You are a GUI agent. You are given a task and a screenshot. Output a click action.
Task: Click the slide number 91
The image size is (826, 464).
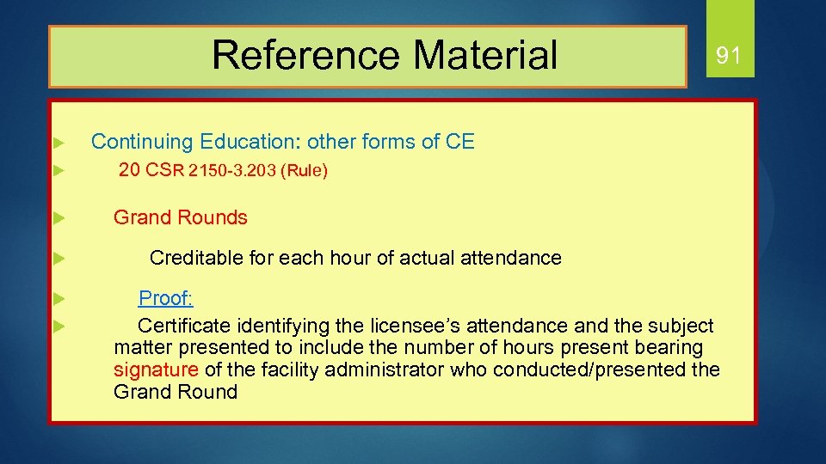click(728, 56)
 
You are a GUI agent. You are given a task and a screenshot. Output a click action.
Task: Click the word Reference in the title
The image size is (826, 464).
click(305, 55)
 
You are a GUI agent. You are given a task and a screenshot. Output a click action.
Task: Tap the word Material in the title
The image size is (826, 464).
click(485, 55)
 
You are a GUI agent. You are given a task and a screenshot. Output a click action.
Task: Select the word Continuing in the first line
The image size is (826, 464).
click(142, 142)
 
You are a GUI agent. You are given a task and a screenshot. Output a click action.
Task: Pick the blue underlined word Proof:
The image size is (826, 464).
click(166, 298)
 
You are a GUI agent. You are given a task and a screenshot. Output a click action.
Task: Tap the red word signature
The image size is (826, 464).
click(156, 370)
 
